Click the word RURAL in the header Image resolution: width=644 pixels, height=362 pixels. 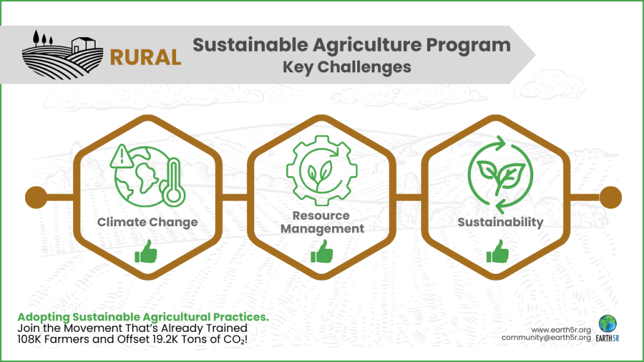(145, 57)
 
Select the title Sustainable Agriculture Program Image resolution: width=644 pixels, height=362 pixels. (351, 45)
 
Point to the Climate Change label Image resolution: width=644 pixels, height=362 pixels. (148, 222)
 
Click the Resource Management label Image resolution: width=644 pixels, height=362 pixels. (322, 222)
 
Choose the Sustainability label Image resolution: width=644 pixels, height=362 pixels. (500, 222)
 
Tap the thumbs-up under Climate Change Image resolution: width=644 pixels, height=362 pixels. (146, 253)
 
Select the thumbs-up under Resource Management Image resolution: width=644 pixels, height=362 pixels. (322, 253)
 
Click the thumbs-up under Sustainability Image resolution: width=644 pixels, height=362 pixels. (498, 253)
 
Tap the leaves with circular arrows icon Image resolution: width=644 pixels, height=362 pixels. (501, 175)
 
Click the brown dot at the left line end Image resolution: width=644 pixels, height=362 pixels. (35, 197)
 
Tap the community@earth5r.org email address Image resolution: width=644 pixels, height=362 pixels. (546, 338)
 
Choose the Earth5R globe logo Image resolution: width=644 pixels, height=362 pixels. (608, 324)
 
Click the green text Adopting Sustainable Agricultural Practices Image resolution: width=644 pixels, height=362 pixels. (143, 317)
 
